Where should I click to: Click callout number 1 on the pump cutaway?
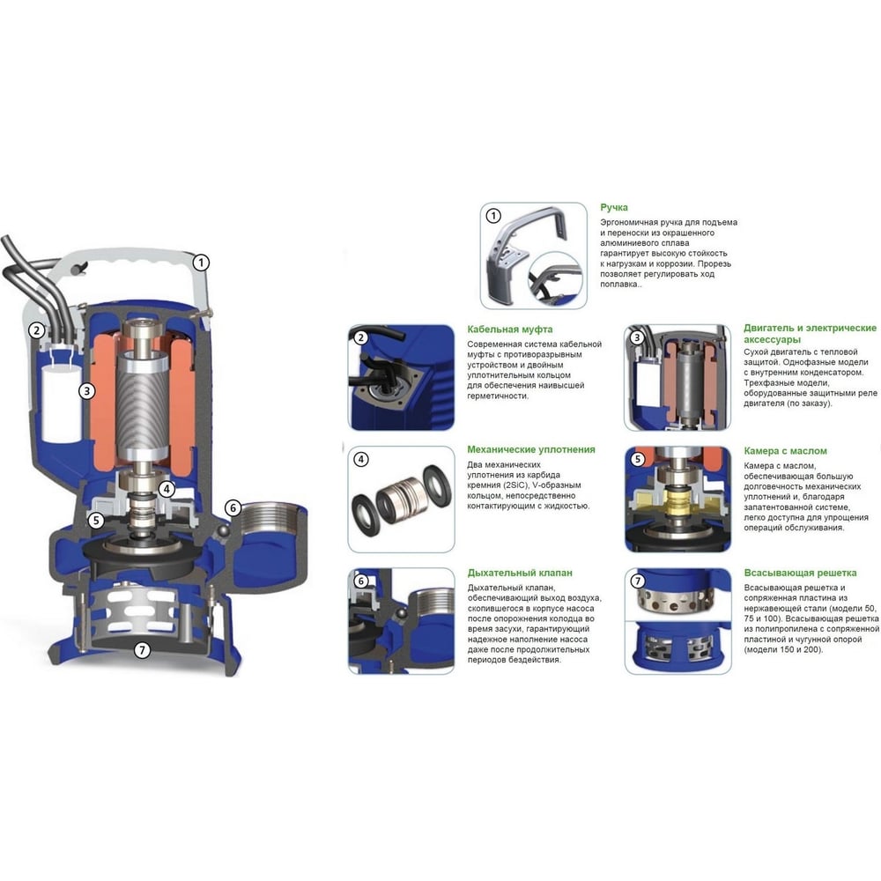(201, 263)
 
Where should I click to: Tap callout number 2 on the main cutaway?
(36, 329)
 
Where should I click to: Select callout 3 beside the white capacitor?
(86, 390)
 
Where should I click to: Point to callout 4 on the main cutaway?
(167, 489)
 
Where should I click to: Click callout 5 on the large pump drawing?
(96, 521)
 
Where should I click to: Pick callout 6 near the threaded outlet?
(233, 508)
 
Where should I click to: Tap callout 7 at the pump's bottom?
(142, 650)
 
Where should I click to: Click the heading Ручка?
(613, 207)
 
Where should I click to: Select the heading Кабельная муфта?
(509, 329)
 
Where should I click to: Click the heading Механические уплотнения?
(531, 449)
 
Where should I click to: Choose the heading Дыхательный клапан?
(520, 574)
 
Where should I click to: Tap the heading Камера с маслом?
(785, 450)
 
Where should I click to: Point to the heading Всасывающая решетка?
(800, 574)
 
